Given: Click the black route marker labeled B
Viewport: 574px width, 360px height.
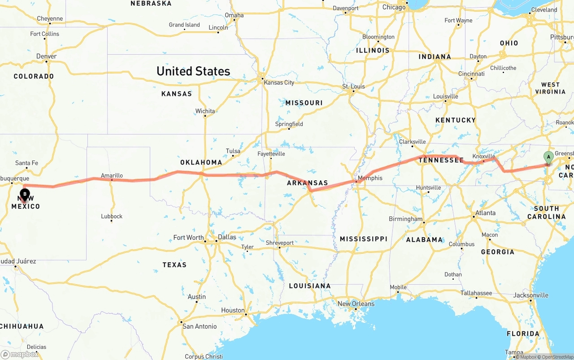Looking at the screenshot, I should point(25,195).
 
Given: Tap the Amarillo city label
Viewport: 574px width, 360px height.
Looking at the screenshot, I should point(112,176).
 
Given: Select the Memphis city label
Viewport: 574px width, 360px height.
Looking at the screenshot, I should point(370,178).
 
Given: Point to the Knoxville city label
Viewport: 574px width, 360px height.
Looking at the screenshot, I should point(483,156).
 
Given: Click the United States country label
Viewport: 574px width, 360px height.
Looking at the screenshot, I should point(193,71).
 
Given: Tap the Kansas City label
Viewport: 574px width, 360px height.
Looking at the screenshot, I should point(279,82).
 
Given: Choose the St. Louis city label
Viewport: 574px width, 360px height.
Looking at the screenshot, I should point(353,86).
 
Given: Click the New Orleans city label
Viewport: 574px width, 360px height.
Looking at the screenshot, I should point(356,304).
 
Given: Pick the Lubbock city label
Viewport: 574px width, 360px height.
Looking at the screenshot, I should point(112,216).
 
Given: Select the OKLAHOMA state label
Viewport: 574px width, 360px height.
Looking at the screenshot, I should point(201,162).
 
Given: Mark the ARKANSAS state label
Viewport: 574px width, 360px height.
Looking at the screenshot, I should point(308,183).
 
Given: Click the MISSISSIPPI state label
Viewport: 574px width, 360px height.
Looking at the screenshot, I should point(363,239).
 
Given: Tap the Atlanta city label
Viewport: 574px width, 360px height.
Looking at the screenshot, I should point(485,213).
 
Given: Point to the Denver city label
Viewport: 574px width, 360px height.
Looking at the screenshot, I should point(47,56).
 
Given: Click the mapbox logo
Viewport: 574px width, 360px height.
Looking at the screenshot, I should point(19,355).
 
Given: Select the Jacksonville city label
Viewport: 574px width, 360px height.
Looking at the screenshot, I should point(531,295).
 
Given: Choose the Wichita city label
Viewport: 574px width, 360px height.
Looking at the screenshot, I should point(205,111).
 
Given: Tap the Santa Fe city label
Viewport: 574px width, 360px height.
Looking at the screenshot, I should point(26,163).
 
